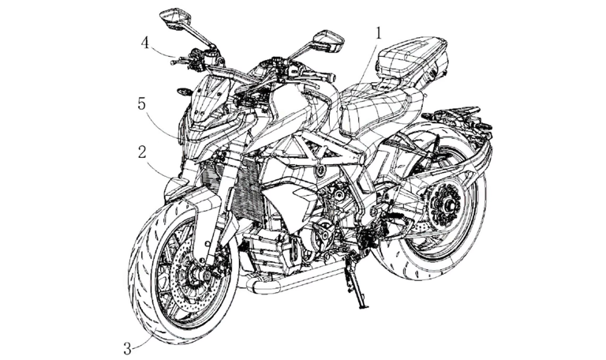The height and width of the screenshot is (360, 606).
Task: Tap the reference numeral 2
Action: (141, 152)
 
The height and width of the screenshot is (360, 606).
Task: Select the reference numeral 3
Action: (125, 344)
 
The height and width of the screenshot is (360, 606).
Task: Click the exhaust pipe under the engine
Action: (284, 283)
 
